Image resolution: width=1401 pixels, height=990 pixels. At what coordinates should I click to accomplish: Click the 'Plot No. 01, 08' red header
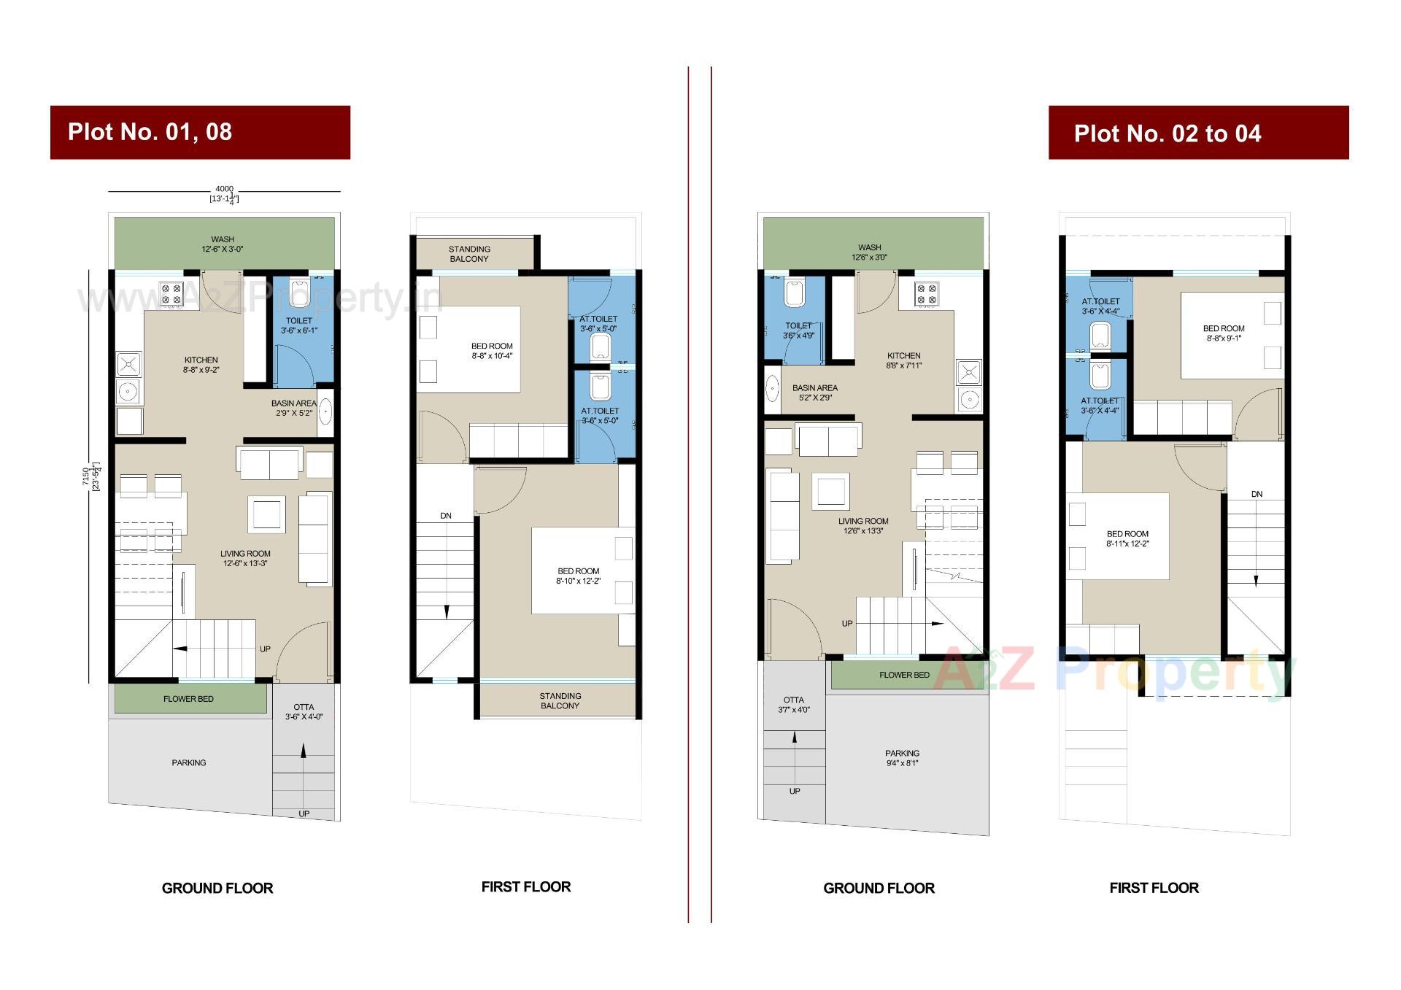pyautogui.click(x=199, y=132)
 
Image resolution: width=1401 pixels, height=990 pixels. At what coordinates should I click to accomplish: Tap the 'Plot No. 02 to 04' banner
pyautogui.click(x=1197, y=133)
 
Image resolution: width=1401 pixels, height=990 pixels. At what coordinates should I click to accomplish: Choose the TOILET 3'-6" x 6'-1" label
pyautogui.click(x=299, y=325)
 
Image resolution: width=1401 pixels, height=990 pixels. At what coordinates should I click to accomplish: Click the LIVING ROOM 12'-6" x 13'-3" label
pyautogui.click(x=245, y=558)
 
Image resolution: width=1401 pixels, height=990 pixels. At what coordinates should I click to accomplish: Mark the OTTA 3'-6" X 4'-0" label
pyautogui.click(x=304, y=711)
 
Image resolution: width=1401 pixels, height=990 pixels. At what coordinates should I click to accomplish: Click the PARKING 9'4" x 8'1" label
pyautogui.click(x=902, y=758)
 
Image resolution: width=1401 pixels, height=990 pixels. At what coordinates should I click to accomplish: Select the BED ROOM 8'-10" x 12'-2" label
pyautogui.click(x=578, y=576)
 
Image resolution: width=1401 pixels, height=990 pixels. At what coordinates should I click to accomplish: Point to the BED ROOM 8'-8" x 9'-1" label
pyautogui.click(x=1224, y=333)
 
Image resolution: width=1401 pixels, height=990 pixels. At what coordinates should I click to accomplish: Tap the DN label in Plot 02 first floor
pyautogui.click(x=1257, y=494)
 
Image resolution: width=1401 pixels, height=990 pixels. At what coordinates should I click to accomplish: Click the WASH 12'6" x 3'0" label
pyautogui.click(x=869, y=252)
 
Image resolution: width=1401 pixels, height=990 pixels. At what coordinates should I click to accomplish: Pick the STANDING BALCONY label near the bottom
pyautogui.click(x=560, y=700)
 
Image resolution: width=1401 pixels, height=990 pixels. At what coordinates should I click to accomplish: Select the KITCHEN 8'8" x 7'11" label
pyautogui.click(x=903, y=360)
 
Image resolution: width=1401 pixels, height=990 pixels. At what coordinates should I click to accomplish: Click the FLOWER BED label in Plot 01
pyautogui.click(x=188, y=699)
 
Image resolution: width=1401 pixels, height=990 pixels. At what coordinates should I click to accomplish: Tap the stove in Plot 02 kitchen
pyautogui.click(x=927, y=293)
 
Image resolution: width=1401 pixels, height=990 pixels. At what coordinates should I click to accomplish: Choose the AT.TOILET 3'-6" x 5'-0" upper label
pyautogui.click(x=598, y=323)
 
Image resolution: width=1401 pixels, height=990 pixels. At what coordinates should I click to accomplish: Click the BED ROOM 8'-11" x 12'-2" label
pyautogui.click(x=1127, y=538)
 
